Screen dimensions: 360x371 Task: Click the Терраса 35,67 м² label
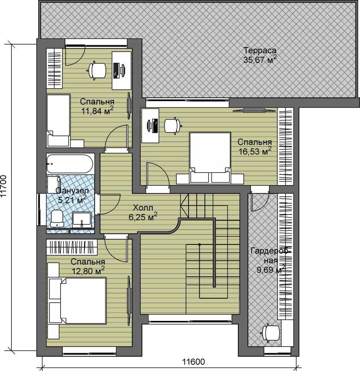click(260, 55)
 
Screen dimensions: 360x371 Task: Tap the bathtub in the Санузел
click(70, 164)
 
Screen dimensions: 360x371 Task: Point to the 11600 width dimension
click(193, 361)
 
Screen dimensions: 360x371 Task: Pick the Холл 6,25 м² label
click(143, 213)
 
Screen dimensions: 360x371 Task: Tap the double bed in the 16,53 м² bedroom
click(210, 158)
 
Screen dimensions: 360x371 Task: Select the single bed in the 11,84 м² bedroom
click(58, 120)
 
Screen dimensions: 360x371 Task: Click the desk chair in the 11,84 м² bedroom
click(97, 70)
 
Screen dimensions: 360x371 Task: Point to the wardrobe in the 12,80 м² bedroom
click(72, 247)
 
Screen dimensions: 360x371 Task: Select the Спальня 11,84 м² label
click(97, 106)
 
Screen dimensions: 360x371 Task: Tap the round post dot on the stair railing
click(200, 244)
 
